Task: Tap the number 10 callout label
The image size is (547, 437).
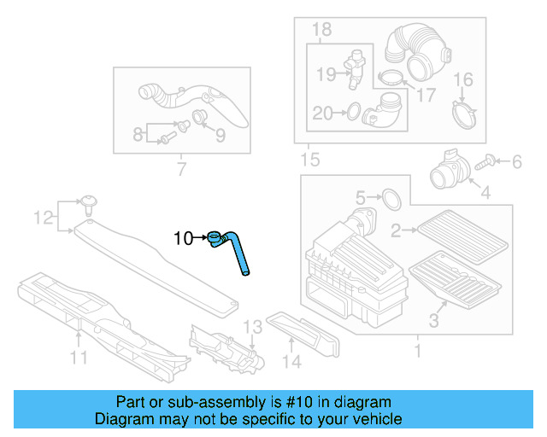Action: point(184,238)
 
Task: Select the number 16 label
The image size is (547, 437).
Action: point(462,80)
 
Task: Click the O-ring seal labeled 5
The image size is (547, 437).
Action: point(391,200)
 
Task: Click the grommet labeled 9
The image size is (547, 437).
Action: point(201,116)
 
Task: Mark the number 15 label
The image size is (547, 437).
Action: point(308,160)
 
